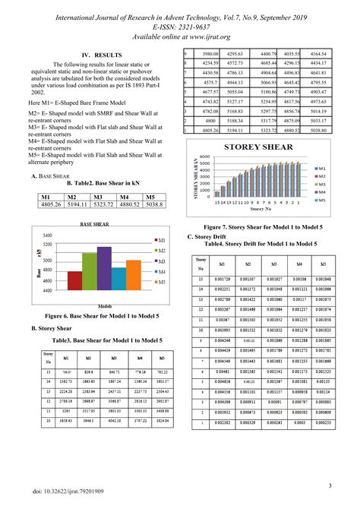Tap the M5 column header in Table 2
coord(154,196)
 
